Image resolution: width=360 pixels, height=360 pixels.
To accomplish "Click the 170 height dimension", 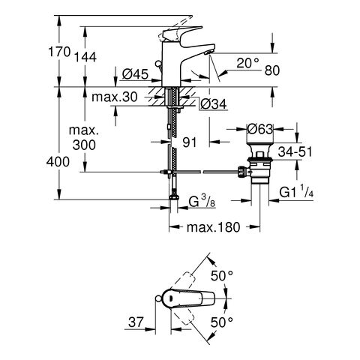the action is (59, 52).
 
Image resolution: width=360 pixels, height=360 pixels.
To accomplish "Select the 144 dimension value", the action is (85, 57).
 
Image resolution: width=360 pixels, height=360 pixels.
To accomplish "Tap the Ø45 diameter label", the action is (135, 74).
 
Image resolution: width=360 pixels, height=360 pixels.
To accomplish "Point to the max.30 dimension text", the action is (115, 97).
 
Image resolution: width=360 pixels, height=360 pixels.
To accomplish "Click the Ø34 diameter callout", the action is (214, 103).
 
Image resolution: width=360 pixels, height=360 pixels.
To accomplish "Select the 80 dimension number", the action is (272, 70).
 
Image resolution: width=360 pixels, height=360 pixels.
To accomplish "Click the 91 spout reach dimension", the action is (190, 142).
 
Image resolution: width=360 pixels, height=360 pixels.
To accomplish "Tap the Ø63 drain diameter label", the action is (259, 129).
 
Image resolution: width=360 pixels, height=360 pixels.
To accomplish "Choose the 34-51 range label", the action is (295, 151).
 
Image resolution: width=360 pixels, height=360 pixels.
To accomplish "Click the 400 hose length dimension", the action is (58, 162).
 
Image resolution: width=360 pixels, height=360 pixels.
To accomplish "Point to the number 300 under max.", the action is (84, 145).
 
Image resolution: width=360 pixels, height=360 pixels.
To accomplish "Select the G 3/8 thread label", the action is (202, 202).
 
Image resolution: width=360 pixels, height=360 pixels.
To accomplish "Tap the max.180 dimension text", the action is (213, 227).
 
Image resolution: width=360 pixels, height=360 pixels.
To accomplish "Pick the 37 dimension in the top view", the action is (136, 322).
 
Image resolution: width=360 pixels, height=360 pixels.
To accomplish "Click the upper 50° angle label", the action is (222, 276).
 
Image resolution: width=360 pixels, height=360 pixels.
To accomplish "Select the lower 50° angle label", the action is (222, 322).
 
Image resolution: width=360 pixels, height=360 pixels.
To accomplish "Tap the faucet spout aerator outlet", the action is (208, 52).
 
